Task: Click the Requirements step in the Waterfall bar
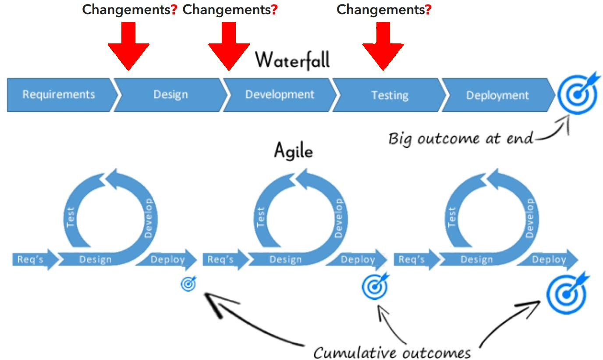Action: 59,95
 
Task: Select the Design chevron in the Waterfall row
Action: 170,95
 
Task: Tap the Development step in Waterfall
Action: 280,95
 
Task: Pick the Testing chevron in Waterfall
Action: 390,95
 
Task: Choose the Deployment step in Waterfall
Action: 497,95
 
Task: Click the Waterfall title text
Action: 292,60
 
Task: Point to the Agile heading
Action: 293,151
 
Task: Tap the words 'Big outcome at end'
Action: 461,139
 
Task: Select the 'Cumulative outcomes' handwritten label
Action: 392,352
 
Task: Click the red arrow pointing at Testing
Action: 383,46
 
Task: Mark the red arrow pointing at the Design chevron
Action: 128,46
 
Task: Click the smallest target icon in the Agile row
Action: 188,284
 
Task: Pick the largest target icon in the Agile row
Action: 567,294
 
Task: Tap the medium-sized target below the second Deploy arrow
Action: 375,287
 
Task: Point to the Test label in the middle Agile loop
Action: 261,217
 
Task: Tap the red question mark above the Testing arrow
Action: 428,10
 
